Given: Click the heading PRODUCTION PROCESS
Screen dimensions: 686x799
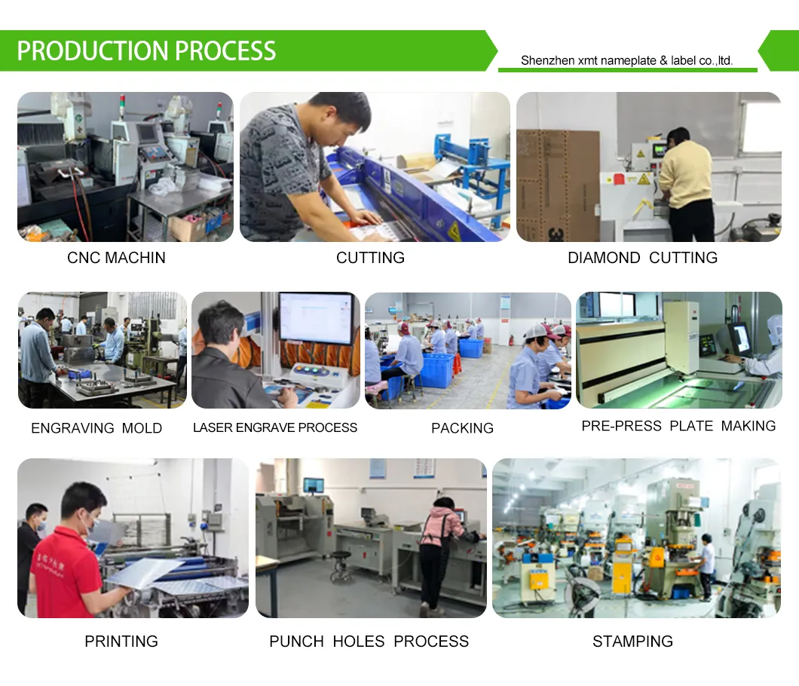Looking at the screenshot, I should [146, 51].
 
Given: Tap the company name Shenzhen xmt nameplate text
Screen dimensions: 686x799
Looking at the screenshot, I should [626, 61].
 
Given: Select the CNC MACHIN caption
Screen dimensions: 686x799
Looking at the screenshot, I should [116, 258].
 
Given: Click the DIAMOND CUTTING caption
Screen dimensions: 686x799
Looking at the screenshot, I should [642, 258].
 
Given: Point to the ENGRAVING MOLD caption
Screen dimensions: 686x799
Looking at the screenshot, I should [96, 428].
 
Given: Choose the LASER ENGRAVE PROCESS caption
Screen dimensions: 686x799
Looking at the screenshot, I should [275, 427].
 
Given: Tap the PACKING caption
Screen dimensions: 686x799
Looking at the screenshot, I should [462, 428].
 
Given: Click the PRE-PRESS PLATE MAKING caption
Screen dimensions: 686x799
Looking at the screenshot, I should [678, 426].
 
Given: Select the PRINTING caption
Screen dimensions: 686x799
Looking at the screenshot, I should [121, 642].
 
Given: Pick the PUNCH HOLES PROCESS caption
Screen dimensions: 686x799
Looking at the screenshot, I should [369, 642].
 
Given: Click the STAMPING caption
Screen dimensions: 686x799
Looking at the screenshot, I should [632, 642].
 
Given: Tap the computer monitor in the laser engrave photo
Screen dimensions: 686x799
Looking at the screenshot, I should [316, 317].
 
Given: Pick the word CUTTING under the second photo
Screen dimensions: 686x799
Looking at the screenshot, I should [370, 258].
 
